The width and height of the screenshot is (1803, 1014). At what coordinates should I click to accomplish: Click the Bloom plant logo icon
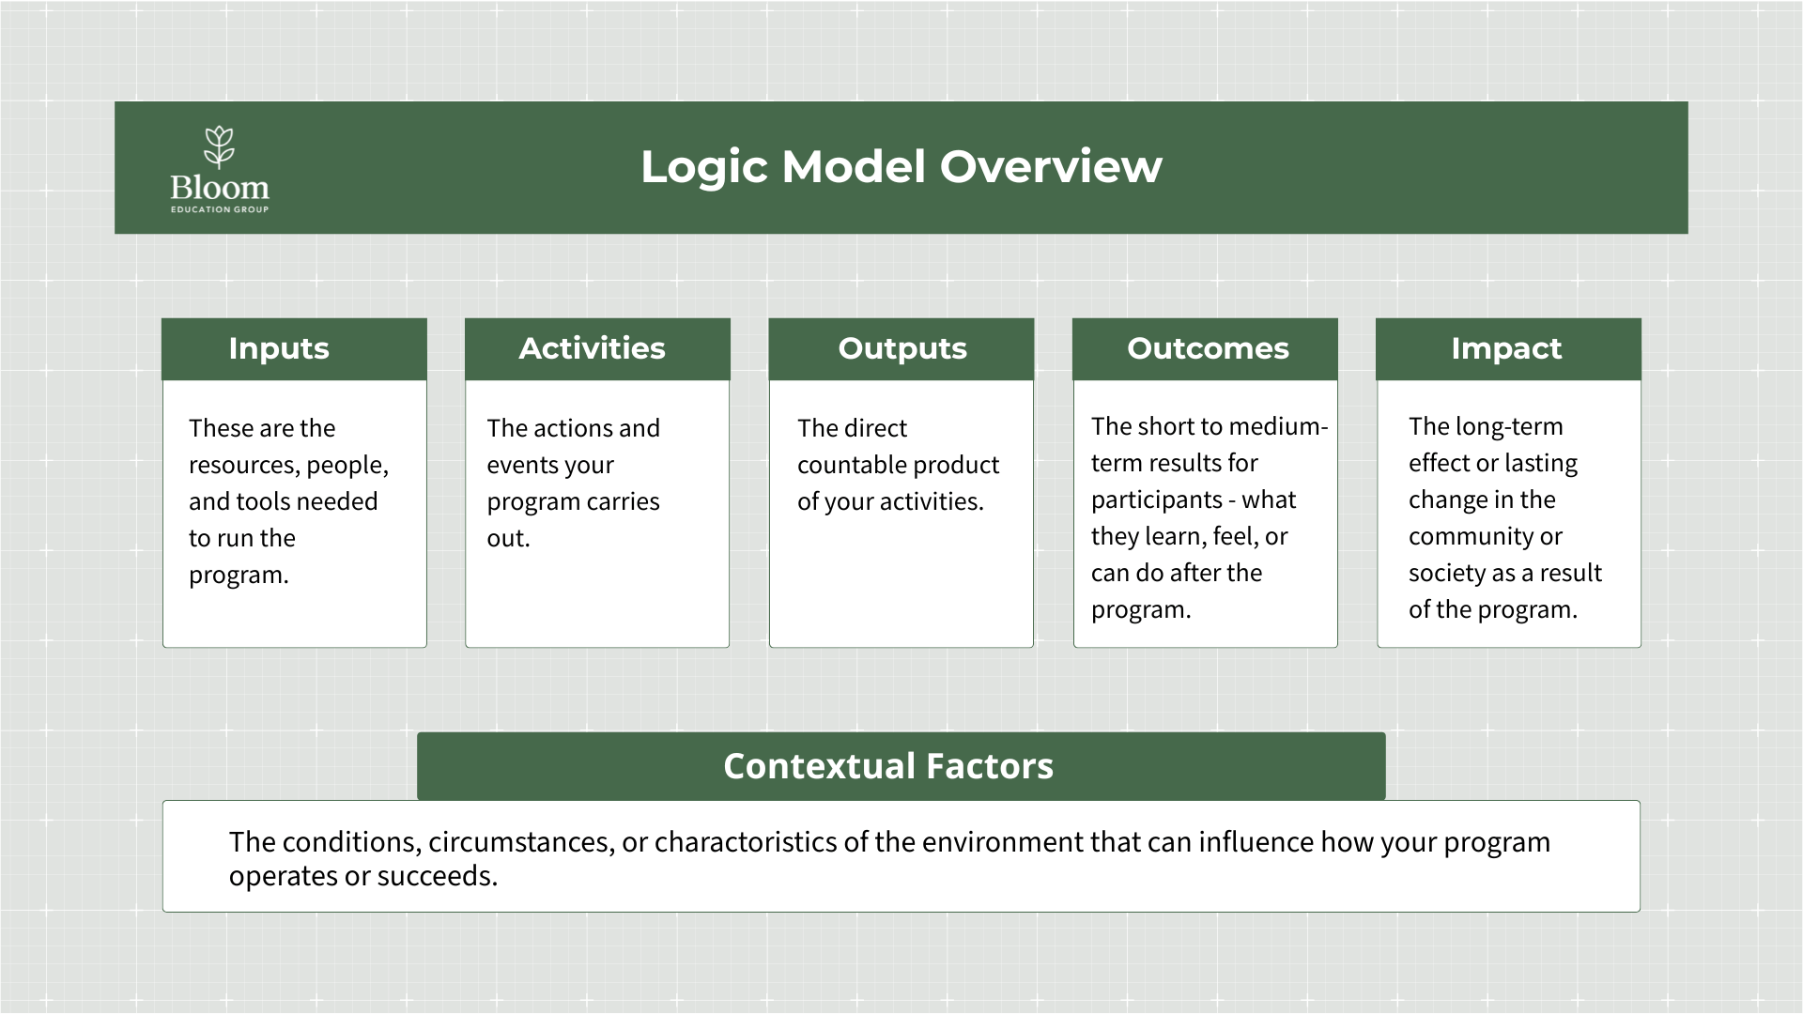[x=219, y=146]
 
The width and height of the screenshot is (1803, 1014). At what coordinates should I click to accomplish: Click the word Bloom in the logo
[x=220, y=188]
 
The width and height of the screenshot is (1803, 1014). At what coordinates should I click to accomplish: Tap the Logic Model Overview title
[x=901, y=166]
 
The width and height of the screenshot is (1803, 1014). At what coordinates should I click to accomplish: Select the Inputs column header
[x=279, y=348]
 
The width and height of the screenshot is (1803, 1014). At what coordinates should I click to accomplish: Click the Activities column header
[x=592, y=348]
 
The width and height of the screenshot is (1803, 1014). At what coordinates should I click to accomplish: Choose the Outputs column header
[x=901, y=348]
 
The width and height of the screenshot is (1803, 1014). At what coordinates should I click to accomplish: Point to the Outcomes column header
[x=1208, y=348]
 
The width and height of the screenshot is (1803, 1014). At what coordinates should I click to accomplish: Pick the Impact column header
[x=1506, y=348]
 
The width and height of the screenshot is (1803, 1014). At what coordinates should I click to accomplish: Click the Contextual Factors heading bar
[x=888, y=766]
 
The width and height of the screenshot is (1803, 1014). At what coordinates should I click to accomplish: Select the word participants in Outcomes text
[x=1156, y=499]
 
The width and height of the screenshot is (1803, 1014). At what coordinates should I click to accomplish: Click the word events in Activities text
[x=517, y=465]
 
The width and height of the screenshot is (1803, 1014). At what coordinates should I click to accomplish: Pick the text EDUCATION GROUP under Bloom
[x=220, y=209]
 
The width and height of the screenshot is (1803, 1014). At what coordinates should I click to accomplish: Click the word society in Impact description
[x=1447, y=573]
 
